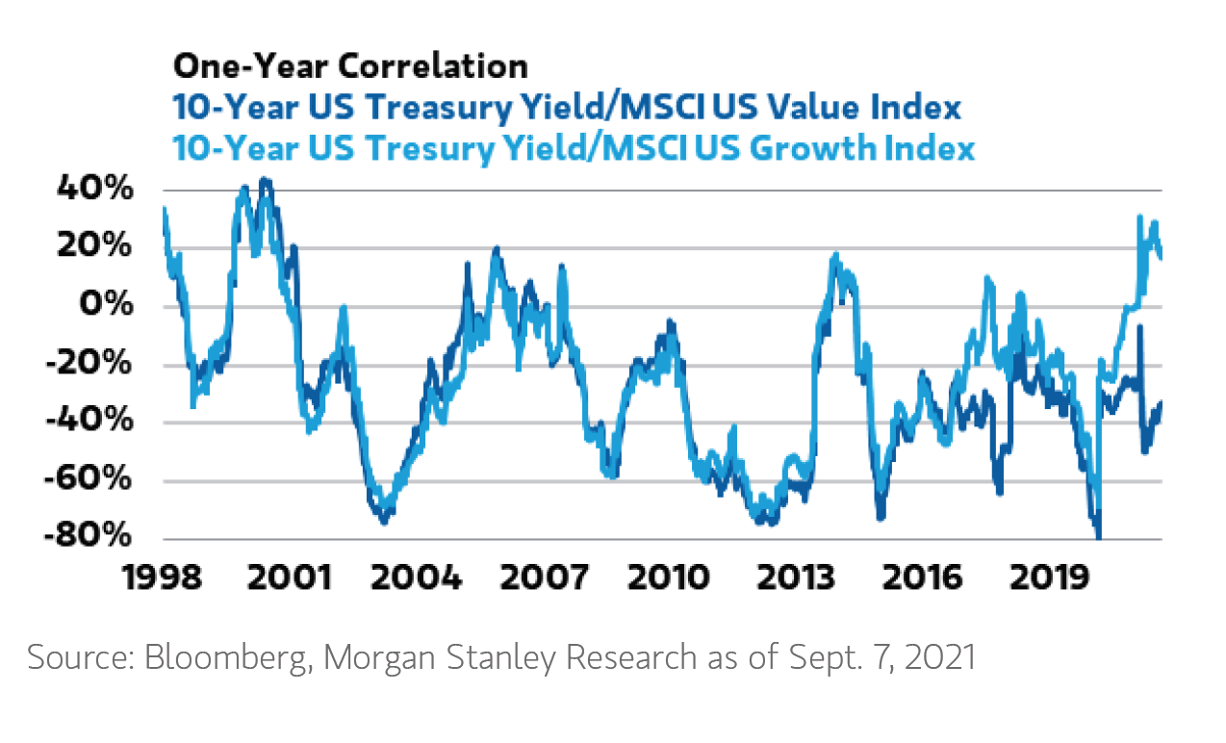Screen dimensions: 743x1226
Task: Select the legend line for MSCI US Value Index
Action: click(x=567, y=107)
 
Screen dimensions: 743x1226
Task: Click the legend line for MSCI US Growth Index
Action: click(x=574, y=148)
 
